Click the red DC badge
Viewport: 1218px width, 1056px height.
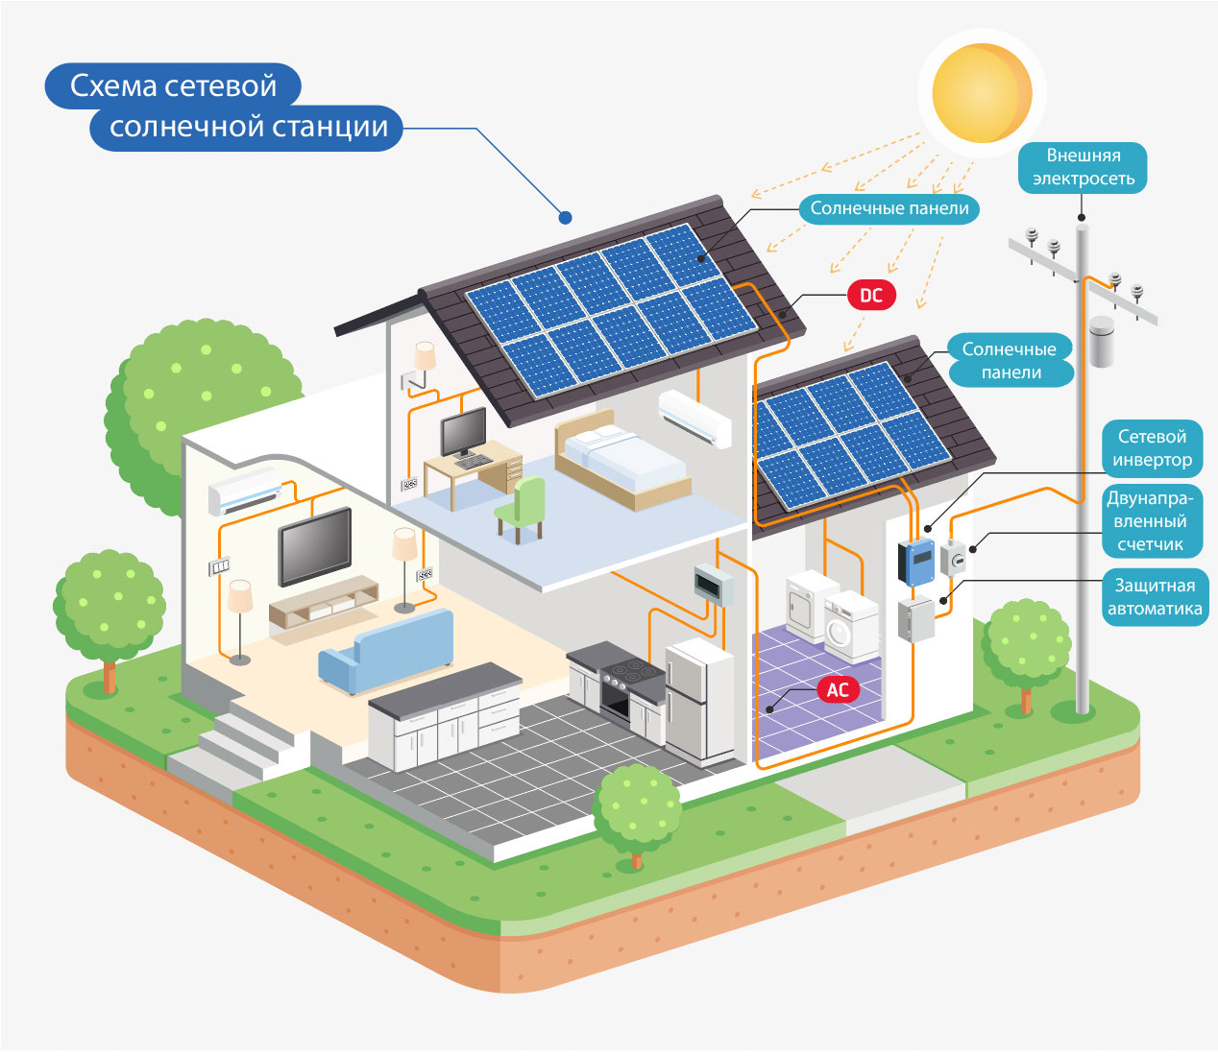[871, 295]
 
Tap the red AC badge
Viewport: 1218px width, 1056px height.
[838, 689]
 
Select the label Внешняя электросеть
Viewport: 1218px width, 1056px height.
[1083, 167]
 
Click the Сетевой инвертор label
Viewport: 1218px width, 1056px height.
[1152, 448]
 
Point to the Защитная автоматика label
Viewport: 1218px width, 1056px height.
[1155, 597]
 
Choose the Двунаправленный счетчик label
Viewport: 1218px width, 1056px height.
[1151, 521]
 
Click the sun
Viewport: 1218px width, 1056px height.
[982, 93]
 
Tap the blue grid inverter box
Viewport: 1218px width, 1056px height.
[916, 561]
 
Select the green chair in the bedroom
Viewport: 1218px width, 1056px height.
[522, 509]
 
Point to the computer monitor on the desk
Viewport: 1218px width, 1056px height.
[463, 432]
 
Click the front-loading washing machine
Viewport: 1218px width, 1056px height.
[851, 628]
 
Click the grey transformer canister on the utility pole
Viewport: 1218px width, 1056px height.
[1102, 342]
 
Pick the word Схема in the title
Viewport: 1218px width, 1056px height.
[113, 85]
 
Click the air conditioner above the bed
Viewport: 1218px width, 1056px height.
[694, 419]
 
